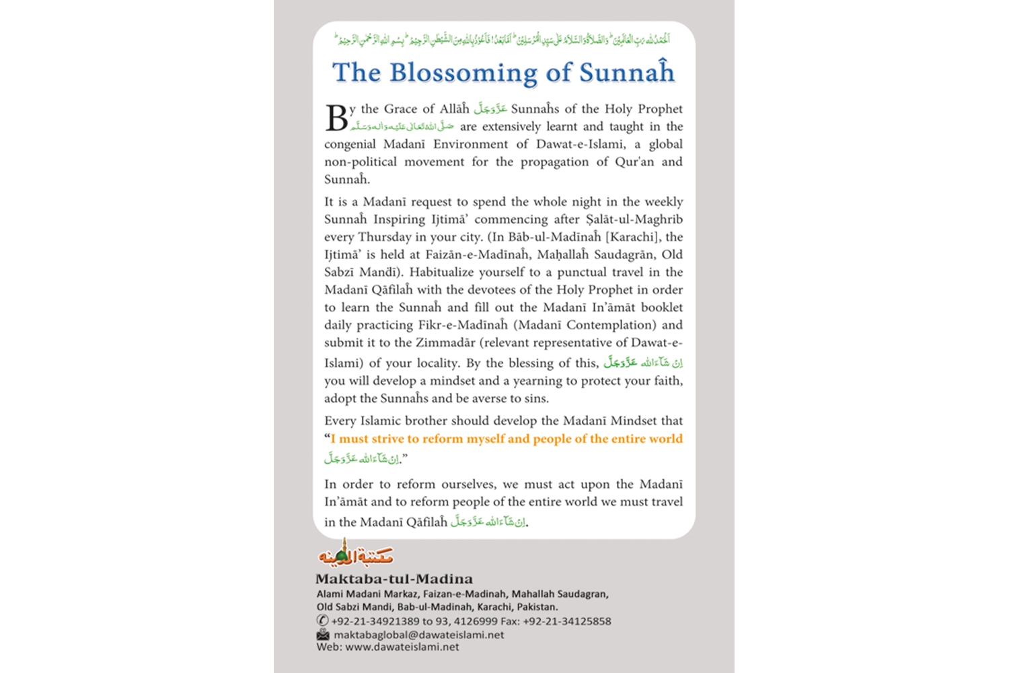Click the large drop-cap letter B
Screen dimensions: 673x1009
point(336,118)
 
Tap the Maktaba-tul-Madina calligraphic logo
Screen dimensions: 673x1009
point(355,553)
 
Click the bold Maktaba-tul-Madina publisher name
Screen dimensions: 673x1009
point(394,579)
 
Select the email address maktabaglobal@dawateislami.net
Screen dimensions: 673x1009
point(418,635)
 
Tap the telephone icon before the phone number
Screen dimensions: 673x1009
point(323,621)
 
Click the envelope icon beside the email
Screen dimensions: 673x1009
point(323,635)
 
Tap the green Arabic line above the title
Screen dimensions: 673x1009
point(503,39)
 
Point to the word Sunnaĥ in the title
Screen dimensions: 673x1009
point(627,73)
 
